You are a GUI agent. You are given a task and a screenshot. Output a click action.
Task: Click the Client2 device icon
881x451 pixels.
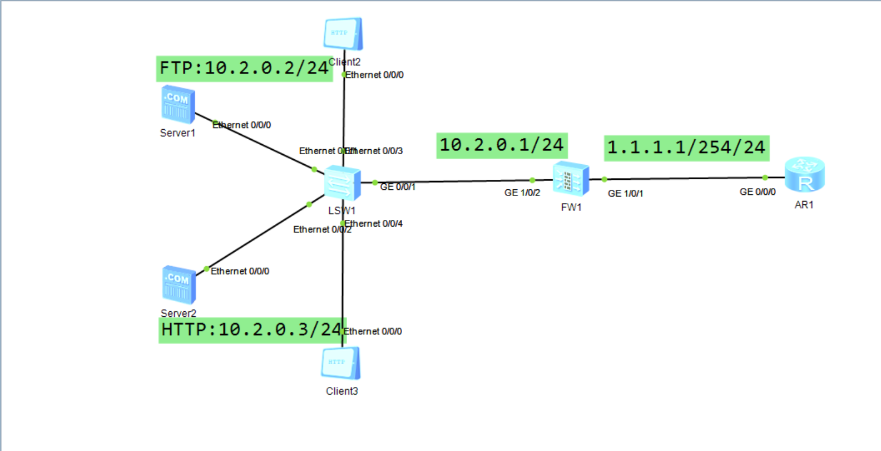(343, 34)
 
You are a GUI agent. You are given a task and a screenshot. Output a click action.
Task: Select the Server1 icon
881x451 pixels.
(178, 104)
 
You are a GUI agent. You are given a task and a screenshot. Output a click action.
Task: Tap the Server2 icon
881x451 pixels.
(179, 285)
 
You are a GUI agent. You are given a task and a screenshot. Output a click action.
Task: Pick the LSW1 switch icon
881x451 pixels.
(342, 183)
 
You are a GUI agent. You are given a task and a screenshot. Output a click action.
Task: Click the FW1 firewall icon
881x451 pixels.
(571, 179)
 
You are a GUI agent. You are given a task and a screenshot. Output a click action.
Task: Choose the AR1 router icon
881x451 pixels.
(804, 175)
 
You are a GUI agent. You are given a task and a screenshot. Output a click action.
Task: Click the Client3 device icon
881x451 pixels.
(340, 364)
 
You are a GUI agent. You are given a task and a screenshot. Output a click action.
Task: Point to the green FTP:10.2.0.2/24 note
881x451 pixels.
(244, 68)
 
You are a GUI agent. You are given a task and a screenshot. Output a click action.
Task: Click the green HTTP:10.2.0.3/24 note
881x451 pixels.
(252, 330)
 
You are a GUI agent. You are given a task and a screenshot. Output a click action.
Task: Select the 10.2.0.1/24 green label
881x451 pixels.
(502, 145)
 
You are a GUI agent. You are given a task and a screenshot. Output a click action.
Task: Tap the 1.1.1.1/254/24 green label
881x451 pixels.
(686, 148)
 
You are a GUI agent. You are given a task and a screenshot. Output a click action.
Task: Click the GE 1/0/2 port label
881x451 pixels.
(522, 193)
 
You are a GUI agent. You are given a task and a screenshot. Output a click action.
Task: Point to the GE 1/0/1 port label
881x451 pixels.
(625, 194)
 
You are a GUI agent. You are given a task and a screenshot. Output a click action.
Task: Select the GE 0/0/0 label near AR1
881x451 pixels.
(757, 192)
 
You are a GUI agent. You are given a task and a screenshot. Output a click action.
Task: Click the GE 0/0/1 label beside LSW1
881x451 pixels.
(398, 187)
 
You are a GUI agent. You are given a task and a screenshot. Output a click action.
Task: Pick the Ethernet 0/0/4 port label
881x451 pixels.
(374, 224)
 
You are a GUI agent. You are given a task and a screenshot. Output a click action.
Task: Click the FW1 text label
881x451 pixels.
(571, 208)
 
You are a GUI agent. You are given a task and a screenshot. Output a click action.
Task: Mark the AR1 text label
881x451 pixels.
(804, 205)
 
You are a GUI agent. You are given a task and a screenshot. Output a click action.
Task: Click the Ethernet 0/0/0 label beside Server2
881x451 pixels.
(240, 271)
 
